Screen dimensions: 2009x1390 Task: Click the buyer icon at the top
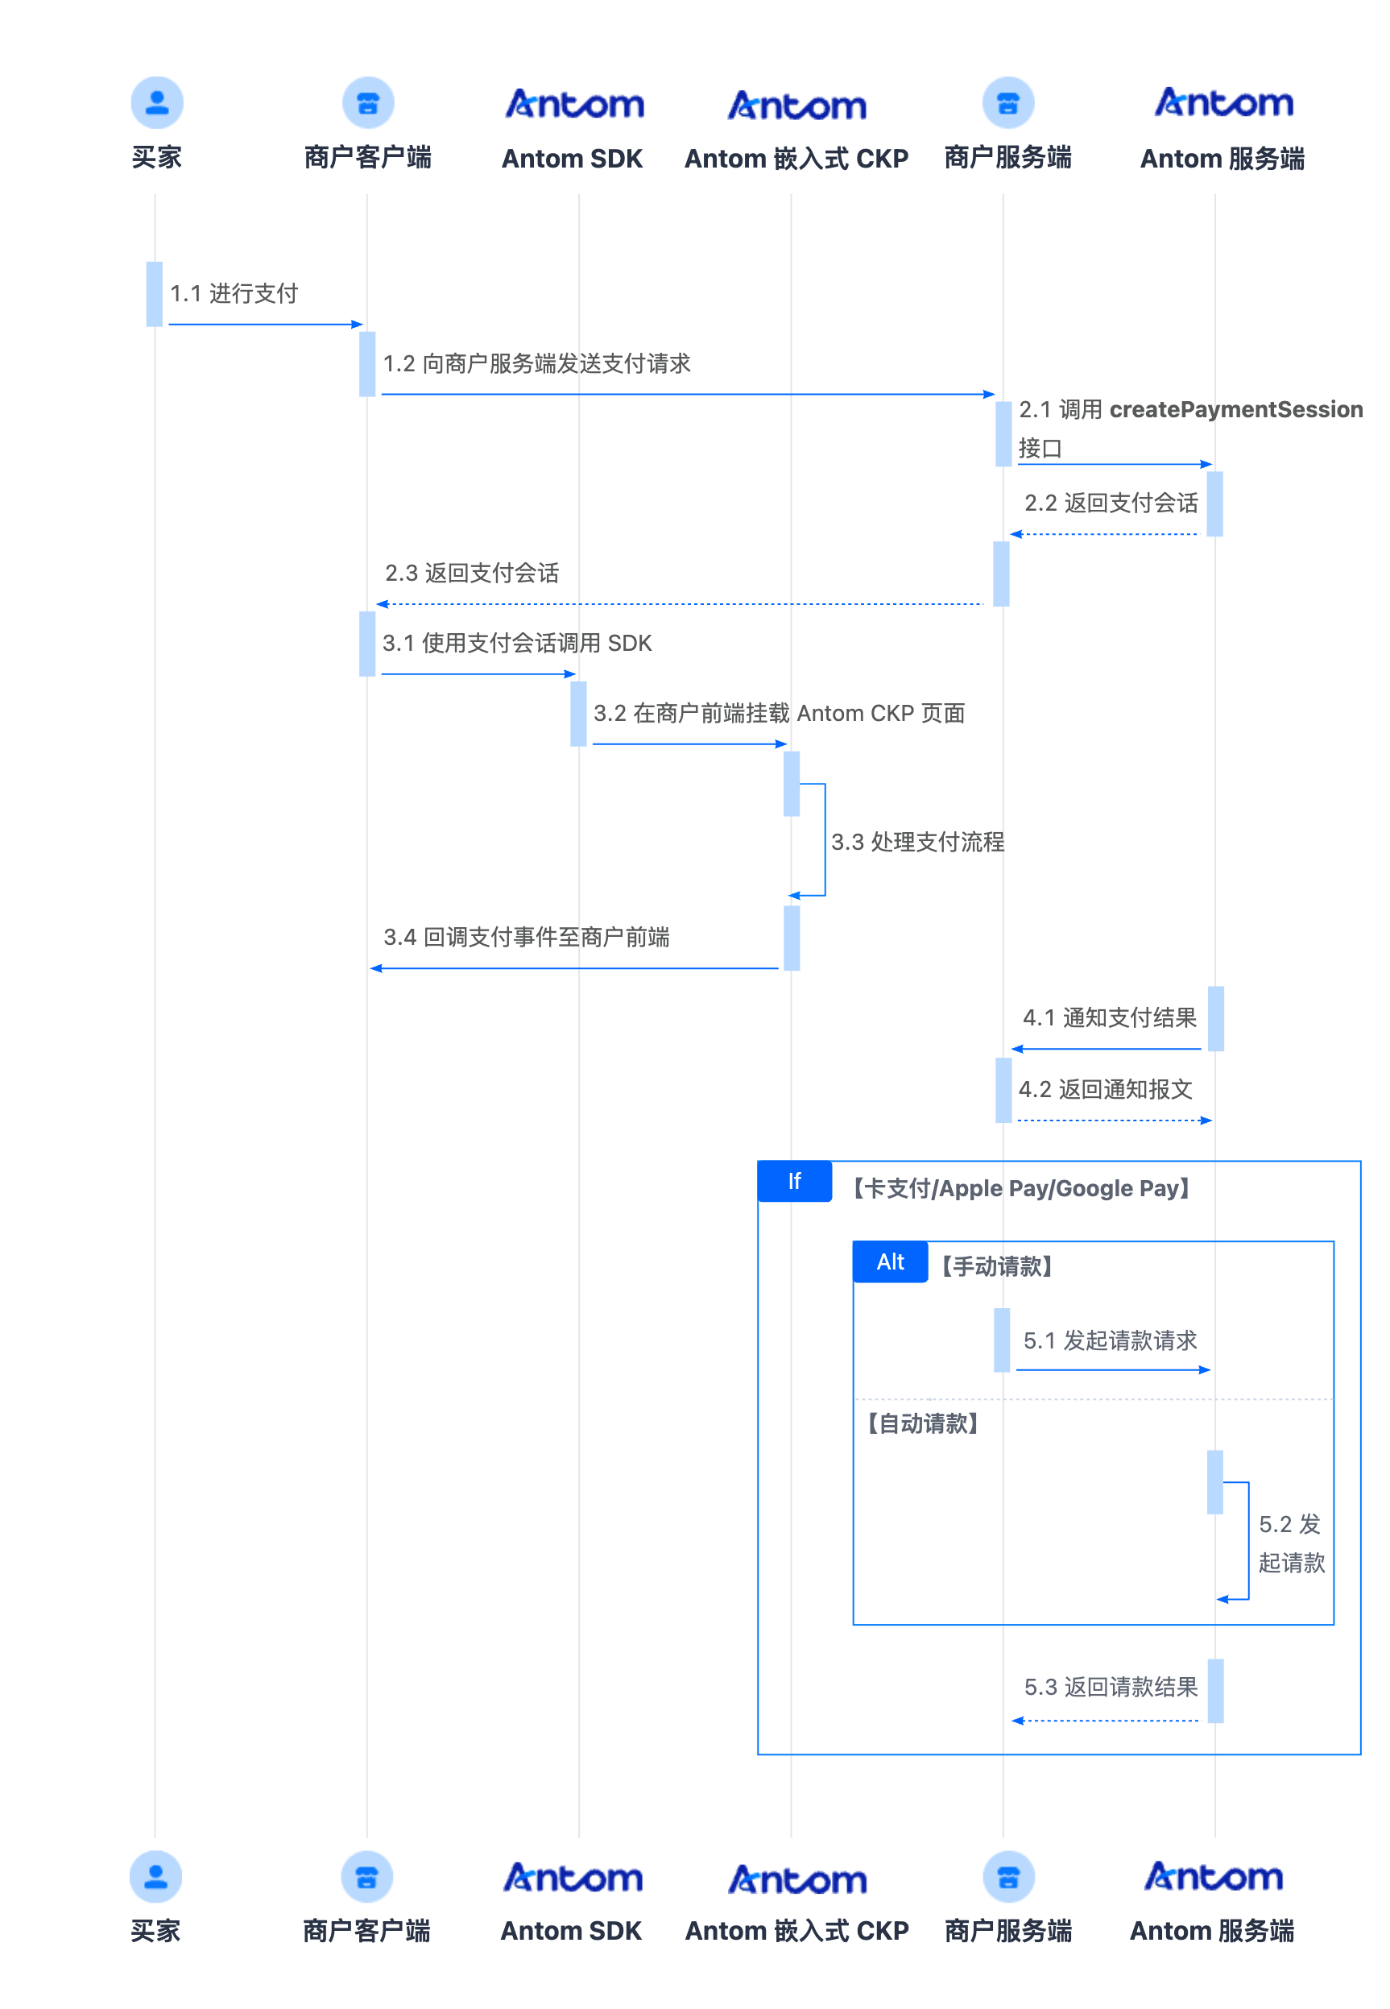pyautogui.click(x=157, y=103)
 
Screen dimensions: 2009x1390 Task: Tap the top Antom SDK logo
pyautogui.click(x=574, y=105)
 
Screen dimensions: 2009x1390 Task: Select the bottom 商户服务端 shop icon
pyautogui.click(x=1007, y=1877)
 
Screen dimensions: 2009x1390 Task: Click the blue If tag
pyautogui.click(x=794, y=1182)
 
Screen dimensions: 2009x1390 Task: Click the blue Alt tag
pyautogui.click(x=890, y=1262)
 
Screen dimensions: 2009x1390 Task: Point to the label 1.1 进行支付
pyautogui.click(x=234, y=293)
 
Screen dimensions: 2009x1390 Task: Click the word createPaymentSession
pyautogui.click(x=1235, y=409)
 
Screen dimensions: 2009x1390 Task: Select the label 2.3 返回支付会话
pyautogui.click(x=472, y=574)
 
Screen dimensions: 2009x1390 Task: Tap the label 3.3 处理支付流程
pyautogui.click(x=917, y=843)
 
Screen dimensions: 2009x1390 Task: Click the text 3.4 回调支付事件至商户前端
pyautogui.click(x=526, y=938)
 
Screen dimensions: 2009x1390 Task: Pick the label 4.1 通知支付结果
pyautogui.click(x=1109, y=1017)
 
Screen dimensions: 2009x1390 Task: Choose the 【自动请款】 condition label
pyautogui.click(x=923, y=1423)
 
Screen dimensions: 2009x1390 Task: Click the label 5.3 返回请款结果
pyautogui.click(x=1111, y=1688)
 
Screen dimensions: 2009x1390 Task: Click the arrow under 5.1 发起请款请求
pyautogui.click(x=1112, y=1370)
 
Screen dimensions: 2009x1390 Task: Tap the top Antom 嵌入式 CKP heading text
pyautogui.click(x=796, y=159)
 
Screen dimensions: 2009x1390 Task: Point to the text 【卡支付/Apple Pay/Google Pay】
pyautogui.click(x=1020, y=1189)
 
